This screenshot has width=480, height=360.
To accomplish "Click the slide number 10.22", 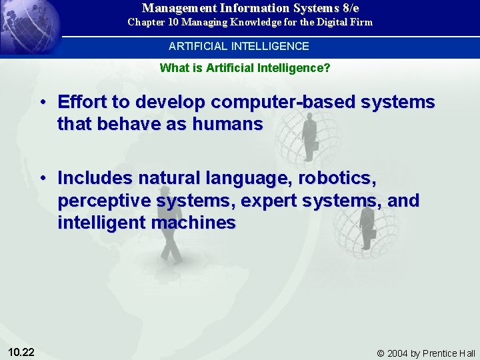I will click(x=22, y=352).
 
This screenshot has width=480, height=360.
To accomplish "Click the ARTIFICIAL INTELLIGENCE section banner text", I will click(x=239, y=47).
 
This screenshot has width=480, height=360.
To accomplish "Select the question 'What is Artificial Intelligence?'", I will click(x=245, y=68).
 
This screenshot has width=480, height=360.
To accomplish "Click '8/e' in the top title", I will click(x=349, y=8).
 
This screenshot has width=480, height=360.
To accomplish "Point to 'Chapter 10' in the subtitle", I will click(x=151, y=22).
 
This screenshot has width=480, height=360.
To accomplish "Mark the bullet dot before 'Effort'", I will click(x=42, y=103).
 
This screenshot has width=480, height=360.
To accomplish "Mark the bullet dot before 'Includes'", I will click(x=42, y=179).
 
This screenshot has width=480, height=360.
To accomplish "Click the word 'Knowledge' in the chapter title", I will click(x=257, y=22).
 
